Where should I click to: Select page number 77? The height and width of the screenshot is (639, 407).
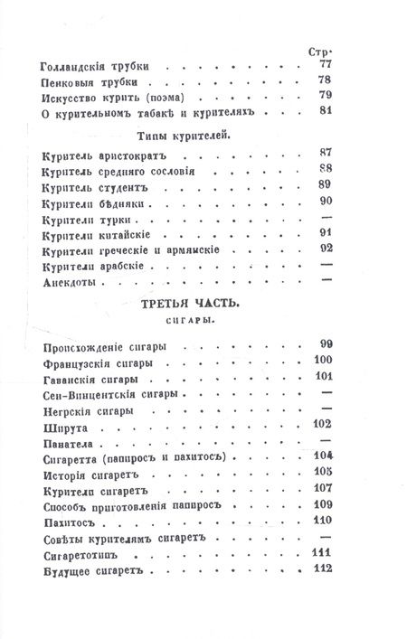326,66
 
